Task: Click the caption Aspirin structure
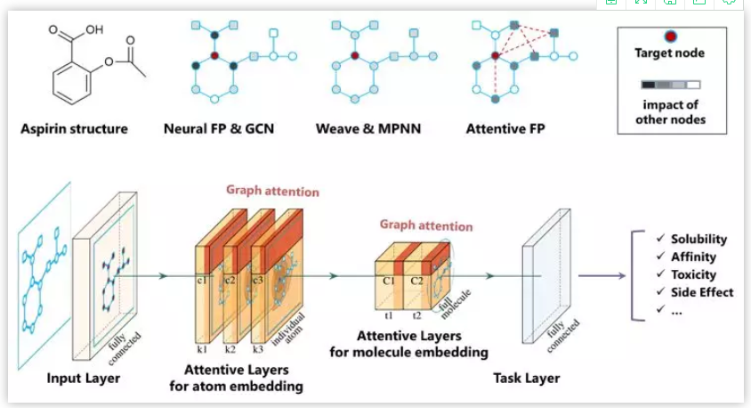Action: (74, 128)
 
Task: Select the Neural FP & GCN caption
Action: (219, 128)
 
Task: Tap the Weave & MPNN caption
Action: (367, 128)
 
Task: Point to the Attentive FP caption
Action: (505, 128)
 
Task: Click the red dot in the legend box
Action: (671, 37)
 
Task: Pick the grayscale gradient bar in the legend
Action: (671, 86)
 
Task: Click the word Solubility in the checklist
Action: (699, 239)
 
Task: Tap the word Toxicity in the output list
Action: (693, 274)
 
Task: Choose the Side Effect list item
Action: (702, 291)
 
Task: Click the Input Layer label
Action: (84, 379)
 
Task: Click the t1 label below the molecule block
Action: (389, 314)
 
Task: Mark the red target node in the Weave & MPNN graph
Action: (353, 55)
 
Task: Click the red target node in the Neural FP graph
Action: (214, 55)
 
